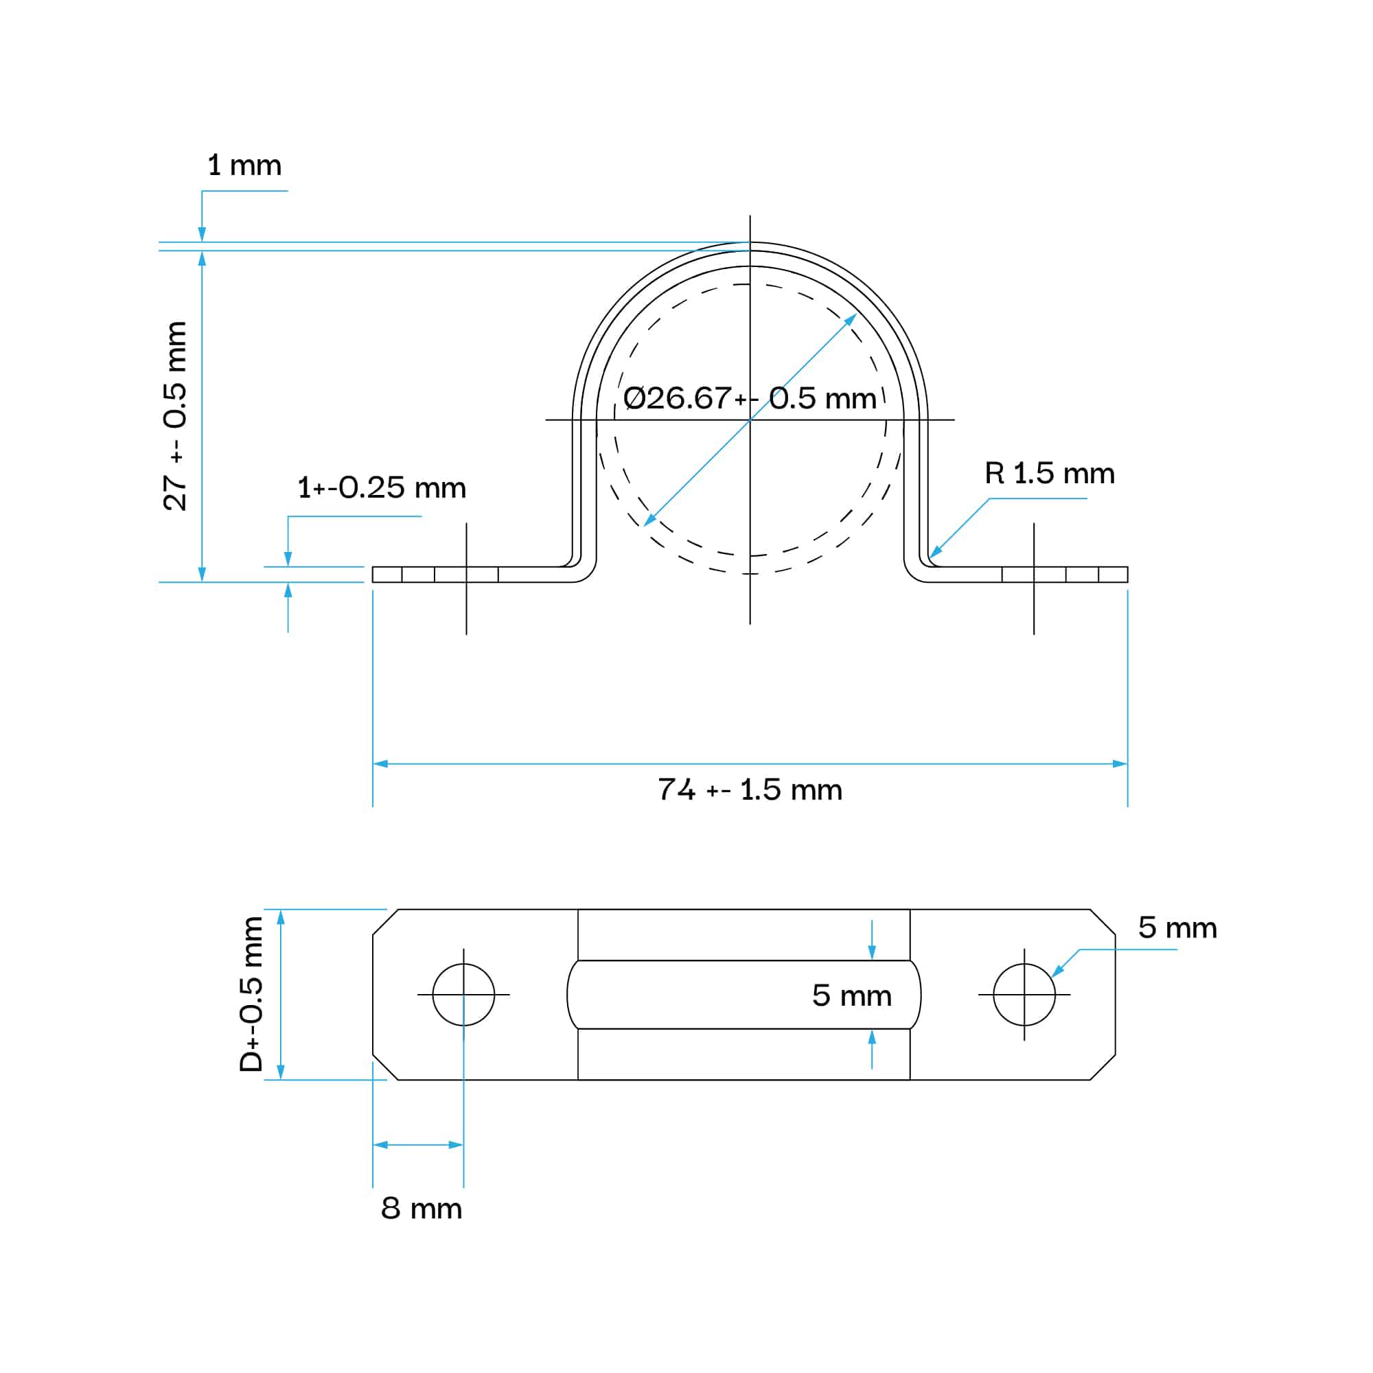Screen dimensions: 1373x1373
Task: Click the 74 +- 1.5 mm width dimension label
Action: pos(750,789)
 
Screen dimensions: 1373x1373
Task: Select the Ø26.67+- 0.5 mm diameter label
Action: pos(750,398)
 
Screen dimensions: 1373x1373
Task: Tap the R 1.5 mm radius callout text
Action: pos(1050,473)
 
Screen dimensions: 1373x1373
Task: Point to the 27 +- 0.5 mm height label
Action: pos(175,416)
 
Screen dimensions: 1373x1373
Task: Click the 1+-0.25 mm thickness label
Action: pos(382,487)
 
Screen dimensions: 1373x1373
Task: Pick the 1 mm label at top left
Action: pos(244,165)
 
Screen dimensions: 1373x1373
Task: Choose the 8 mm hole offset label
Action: pos(422,1208)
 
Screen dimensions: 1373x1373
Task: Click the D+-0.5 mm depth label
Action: pos(251,994)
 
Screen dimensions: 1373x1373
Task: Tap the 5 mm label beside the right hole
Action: pos(1177,927)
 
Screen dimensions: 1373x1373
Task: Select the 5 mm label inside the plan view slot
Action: pos(851,995)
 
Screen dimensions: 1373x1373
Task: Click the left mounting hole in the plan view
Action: pos(463,995)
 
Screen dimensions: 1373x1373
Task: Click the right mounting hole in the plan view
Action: pos(1024,995)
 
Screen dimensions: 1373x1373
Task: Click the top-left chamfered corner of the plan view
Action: pos(385,922)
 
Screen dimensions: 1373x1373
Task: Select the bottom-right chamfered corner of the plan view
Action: pos(1103,1068)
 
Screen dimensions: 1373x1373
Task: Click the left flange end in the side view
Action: pos(373,574)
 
